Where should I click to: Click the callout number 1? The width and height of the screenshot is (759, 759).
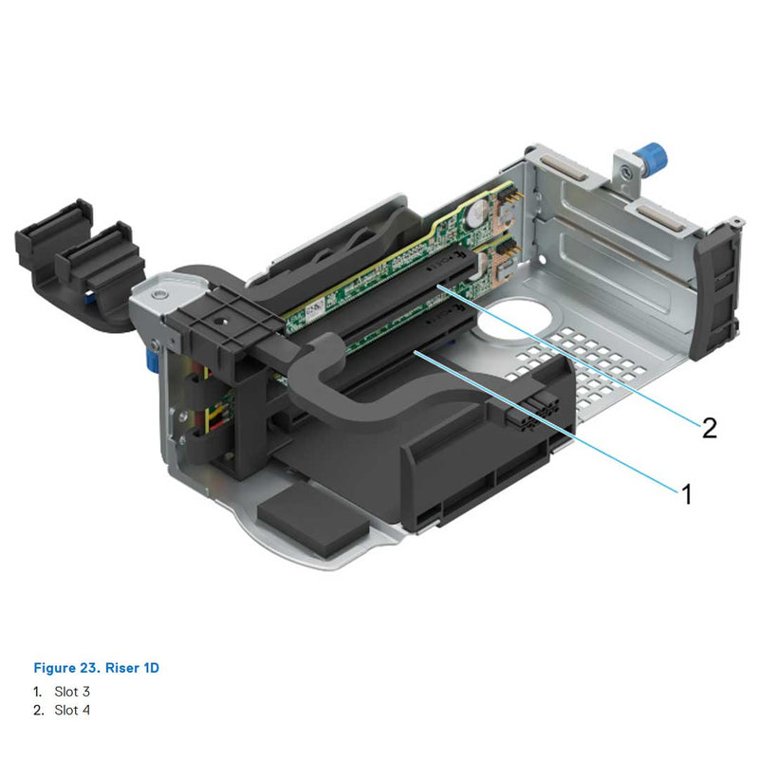[686, 493]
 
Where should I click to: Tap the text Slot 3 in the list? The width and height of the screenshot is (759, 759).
[72, 693]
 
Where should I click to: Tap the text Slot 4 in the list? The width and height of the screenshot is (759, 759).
[72, 710]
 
